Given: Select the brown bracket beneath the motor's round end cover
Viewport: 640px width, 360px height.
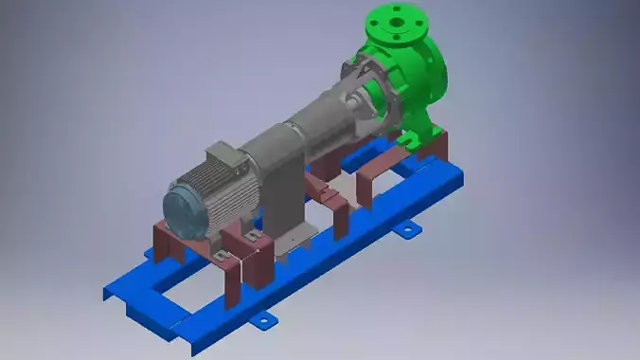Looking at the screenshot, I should click(x=169, y=241).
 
